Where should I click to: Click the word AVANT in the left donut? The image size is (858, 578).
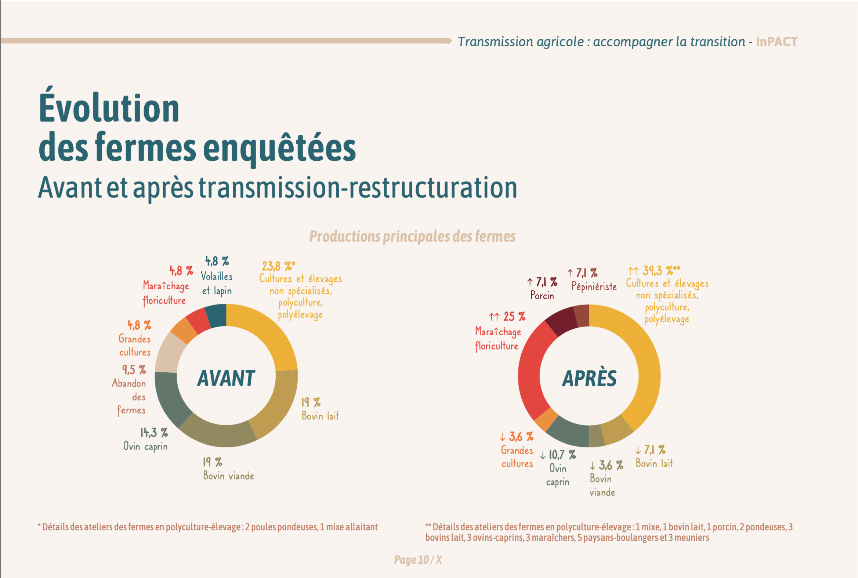pos(226,378)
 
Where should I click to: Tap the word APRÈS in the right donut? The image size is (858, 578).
pos(589,378)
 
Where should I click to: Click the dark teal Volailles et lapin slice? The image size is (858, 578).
pos(217,315)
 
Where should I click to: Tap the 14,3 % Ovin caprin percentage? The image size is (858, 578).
pos(154,432)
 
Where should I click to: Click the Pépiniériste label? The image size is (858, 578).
pos(594,286)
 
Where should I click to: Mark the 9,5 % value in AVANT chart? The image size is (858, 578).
pos(134,370)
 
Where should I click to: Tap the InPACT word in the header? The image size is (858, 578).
pos(776,42)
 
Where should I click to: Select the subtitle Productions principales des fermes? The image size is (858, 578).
pos(412,236)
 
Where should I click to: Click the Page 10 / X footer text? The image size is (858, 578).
pos(417,560)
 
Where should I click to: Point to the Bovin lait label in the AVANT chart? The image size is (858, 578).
pos(320,416)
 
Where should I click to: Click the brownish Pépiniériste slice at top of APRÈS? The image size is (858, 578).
pos(582,316)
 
